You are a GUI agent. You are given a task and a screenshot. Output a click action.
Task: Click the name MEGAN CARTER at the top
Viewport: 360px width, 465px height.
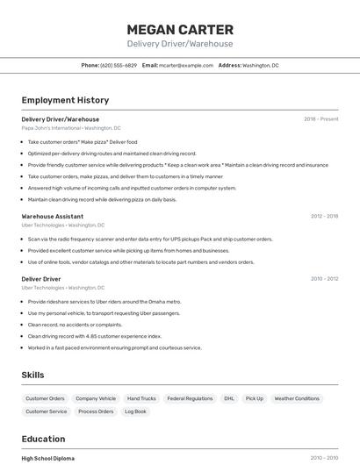pyautogui.click(x=179, y=29)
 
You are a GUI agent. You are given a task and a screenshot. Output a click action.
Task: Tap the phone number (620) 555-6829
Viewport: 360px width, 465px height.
pyautogui.click(x=119, y=65)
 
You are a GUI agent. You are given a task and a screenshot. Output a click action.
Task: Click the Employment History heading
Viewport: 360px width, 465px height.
pyautogui.click(x=65, y=100)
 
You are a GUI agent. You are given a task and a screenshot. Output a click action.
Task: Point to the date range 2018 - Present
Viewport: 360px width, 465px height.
pyautogui.click(x=320, y=119)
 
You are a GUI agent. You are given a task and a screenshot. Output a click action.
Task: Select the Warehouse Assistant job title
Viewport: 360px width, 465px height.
pyautogui.click(x=53, y=216)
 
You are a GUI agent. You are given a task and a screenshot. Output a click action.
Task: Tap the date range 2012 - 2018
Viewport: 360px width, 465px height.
pyautogui.click(x=324, y=216)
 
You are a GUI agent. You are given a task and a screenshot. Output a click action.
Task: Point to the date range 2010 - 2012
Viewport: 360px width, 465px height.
pyautogui.click(x=324, y=279)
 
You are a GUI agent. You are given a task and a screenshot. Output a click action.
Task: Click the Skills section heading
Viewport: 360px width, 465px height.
pyautogui.click(x=32, y=375)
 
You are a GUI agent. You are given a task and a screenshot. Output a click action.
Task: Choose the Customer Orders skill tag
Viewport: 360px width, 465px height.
pyautogui.click(x=45, y=398)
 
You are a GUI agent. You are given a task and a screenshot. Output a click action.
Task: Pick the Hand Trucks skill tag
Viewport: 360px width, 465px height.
pyautogui.click(x=141, y=398)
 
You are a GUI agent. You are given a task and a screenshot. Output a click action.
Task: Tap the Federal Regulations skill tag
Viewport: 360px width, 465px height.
pyautogui.click(x=190, y=398)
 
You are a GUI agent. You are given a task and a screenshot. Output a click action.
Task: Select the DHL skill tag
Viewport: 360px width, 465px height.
pyautogui.click(x=229, y=398)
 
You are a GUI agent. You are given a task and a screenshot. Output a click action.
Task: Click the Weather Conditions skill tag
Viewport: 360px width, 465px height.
pyautogui.click(x=297, y=398)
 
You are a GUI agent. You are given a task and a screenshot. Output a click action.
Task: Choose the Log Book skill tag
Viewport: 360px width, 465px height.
pyautogui.click(x=135, y=411)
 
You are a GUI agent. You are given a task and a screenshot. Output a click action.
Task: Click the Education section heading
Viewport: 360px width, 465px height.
pyautogui.click(x=43, y=439)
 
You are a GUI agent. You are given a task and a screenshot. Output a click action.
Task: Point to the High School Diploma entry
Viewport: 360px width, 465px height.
pyautogui.click(x=48, y=458)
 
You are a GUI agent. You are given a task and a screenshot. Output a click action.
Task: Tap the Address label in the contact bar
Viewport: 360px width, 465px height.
pyautogui.click(x=229, y=65)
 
